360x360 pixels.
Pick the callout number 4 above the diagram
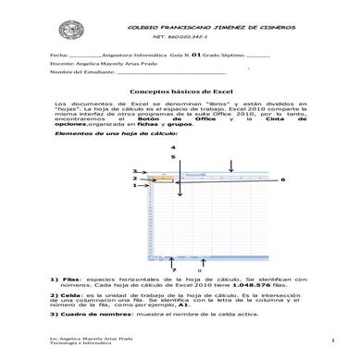pos(171,148)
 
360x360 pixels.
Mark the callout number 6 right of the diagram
pos(283,179)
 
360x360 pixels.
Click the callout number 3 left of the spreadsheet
pos(134,171)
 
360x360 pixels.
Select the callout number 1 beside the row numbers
pos(134,185)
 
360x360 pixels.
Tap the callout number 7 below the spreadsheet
pos(173,268)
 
